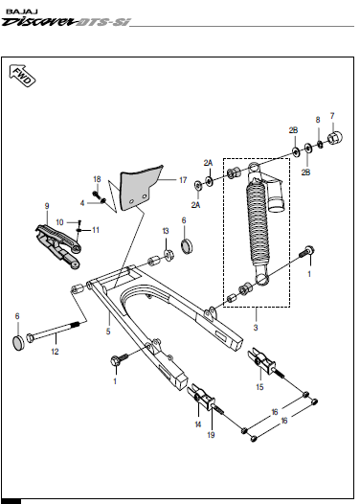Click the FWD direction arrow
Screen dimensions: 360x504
22,76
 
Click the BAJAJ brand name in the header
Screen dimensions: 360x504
22,11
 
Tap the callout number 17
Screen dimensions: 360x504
183,180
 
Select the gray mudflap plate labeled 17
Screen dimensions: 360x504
140,189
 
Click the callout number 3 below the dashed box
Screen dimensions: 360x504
256,328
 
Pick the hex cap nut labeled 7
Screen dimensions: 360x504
335,138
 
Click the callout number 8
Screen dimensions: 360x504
318,120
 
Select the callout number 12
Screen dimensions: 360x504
55,352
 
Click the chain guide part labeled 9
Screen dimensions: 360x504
58,246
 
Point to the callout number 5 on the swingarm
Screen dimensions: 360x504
108,332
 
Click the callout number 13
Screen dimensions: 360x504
166,231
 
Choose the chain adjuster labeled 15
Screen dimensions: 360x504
261,361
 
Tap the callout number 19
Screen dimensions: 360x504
211,435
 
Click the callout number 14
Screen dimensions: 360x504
198,424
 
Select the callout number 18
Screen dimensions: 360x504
97,179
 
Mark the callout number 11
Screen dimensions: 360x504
96,230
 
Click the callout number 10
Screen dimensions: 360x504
59,222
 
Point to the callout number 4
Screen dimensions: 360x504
82,203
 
